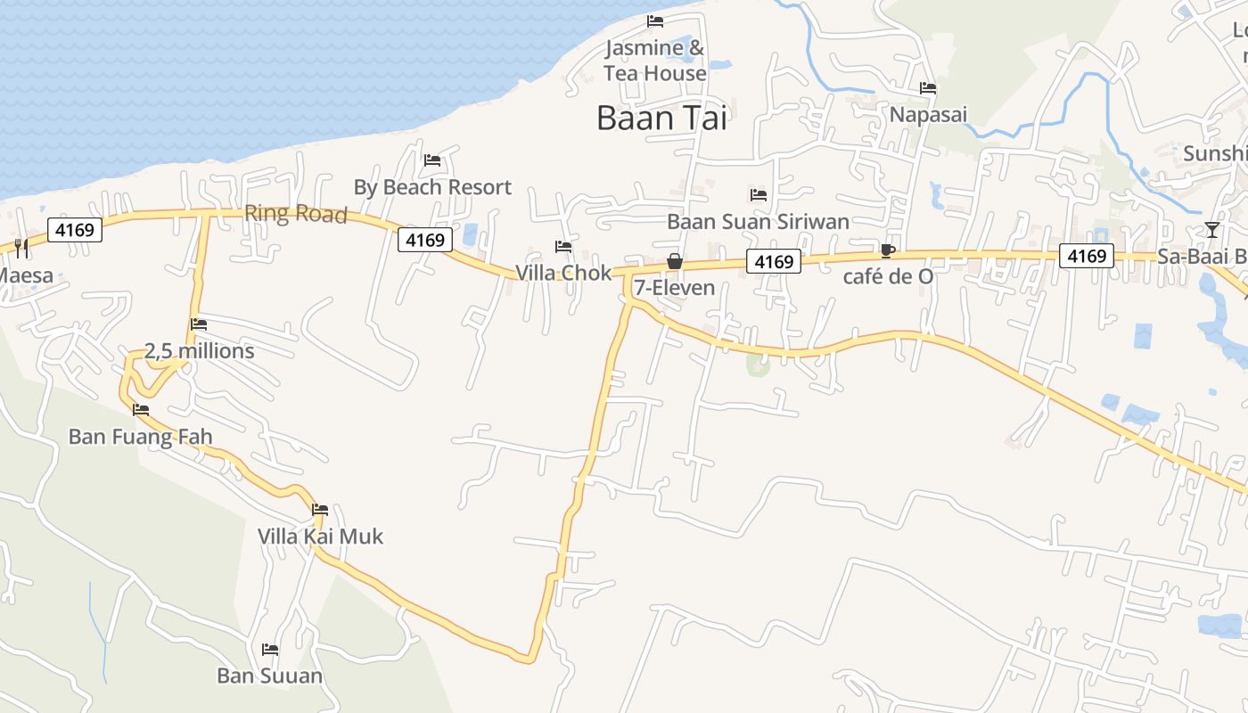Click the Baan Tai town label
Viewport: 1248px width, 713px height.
tap(661, 118)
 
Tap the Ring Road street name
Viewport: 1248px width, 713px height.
tap(295, 214)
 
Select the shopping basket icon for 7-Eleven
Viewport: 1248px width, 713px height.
tap(675, 261)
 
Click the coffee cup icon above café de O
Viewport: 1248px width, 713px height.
tap(887, 250)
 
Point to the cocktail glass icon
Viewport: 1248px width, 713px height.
tap(1211, 230)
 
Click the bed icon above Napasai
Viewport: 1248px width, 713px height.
tap(928, 88)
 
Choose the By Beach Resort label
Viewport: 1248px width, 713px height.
tap(432, 187)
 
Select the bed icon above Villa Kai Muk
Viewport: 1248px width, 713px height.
tap(320, 510)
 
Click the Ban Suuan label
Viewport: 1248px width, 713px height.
tap(269, 676)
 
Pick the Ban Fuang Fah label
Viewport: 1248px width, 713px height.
tap(141, 437)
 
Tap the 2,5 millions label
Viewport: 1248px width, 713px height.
tap(199, 351)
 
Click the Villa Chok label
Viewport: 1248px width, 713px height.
tap(563, 273)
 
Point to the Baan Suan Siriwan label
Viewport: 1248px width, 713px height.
tap(758, 221)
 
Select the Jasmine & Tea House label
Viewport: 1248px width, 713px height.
tap(655, 61)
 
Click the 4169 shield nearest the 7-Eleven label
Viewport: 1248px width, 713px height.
tap(773, 261)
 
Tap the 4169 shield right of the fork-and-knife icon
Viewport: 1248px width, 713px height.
tap(75, 231)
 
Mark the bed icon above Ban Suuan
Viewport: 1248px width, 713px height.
tap(270, 650)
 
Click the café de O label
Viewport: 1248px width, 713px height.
tap(888, 276)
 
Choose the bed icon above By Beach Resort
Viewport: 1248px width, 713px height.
tap(432, 160)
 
